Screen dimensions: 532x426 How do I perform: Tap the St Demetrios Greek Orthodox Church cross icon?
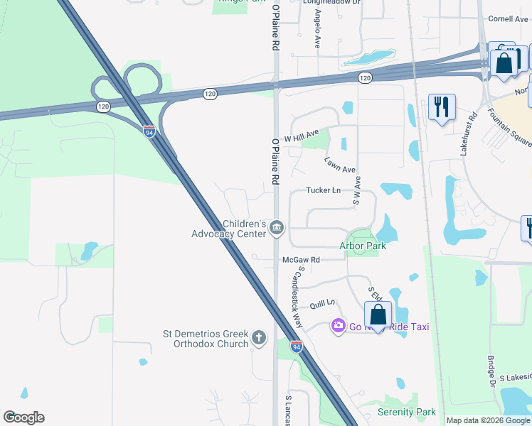(258, 338)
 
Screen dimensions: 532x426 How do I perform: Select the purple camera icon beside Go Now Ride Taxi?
(338, 326)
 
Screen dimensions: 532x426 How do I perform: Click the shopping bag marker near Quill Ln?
(378, 314)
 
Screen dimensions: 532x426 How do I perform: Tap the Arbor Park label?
(363, 246)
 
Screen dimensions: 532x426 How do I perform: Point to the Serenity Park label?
(406, 412)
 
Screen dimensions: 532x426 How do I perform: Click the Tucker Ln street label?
(324, 190)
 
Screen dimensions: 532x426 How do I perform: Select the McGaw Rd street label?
(302, 260)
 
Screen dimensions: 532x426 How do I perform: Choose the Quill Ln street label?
(322, 304)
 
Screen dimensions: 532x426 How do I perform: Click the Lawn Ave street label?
(340, 165)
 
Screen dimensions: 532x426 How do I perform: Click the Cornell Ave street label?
(506, 19)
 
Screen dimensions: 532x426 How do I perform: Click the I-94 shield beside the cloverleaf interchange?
(149, 131)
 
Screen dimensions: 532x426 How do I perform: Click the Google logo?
(23, 417)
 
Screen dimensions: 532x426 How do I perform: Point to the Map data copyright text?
(488, 420)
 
